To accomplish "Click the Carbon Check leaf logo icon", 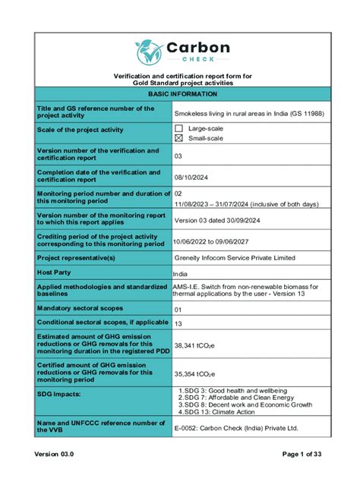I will pos(147,52).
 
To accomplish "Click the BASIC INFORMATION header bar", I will pos(182,93).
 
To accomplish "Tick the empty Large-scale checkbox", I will pos(179,128).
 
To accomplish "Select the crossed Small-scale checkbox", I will pos(179,138).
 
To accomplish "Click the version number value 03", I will pos(178,156).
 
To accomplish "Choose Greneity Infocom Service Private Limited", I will pos(235,258).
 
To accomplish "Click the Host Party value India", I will pos(180,273).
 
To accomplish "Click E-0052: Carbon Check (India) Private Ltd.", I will pos(247,429).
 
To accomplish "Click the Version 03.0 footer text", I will pos(54,453).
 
